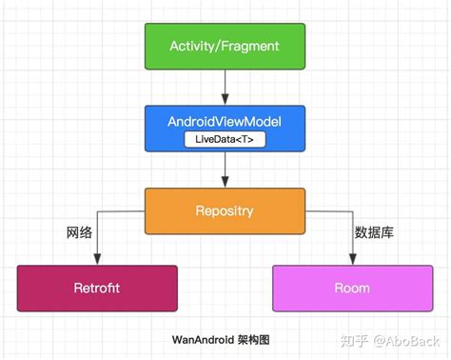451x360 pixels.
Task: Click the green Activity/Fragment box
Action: point(225,46)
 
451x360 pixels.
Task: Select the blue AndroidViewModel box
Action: point(225,129)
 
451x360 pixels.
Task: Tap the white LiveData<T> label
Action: point(225,140)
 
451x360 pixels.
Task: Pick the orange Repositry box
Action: point(225,210)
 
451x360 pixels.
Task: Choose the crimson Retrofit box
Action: point(97,288)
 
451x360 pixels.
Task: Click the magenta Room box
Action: point(352,288)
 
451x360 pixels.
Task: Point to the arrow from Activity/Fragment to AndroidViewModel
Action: point(225,88)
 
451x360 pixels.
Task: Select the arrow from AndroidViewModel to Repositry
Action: point(225,170)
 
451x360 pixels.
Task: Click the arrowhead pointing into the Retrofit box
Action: point(97,260)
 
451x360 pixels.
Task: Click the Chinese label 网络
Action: point(79,231)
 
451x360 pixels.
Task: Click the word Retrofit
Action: point(97,288)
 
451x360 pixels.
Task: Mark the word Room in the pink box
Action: point(352,288)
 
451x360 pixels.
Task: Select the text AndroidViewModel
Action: point(225,123)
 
